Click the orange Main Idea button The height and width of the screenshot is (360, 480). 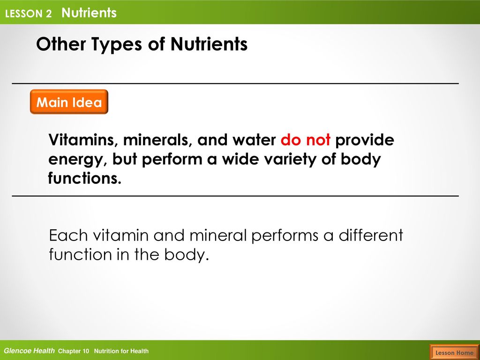pyautogui.click(x=69, y=102)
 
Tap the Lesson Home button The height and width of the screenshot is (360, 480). pyautogui.click(x=454, y=352)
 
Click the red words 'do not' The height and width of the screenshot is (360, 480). pyautogui.click(x=305, y=140)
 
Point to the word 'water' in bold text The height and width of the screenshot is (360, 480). pyautogui.click(x=254, y=140)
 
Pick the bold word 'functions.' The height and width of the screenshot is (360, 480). pyautogui.click(x=84, y=178)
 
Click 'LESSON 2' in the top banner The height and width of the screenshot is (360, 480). pyautogui.click(x=29, y=14)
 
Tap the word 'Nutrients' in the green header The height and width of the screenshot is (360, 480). pyautogui.click(x=89, y=13)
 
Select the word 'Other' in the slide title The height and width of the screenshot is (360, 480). pyautogui.click(x=61, y=44)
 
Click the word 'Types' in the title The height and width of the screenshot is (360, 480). pyautogui.click(x=117, y=45)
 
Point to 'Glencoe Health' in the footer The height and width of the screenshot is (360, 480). pyautogui.click(x=30, y=351)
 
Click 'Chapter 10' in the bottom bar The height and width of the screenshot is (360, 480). pyautogui.click(x=74, y=351)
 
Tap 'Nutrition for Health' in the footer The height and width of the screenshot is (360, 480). pyautogui.click(x=121, y=351)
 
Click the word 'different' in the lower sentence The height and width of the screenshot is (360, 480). pyautogui.click(x=371, y=235)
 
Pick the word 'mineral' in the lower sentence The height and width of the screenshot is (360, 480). pyautogui.click(x=218, y=235)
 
